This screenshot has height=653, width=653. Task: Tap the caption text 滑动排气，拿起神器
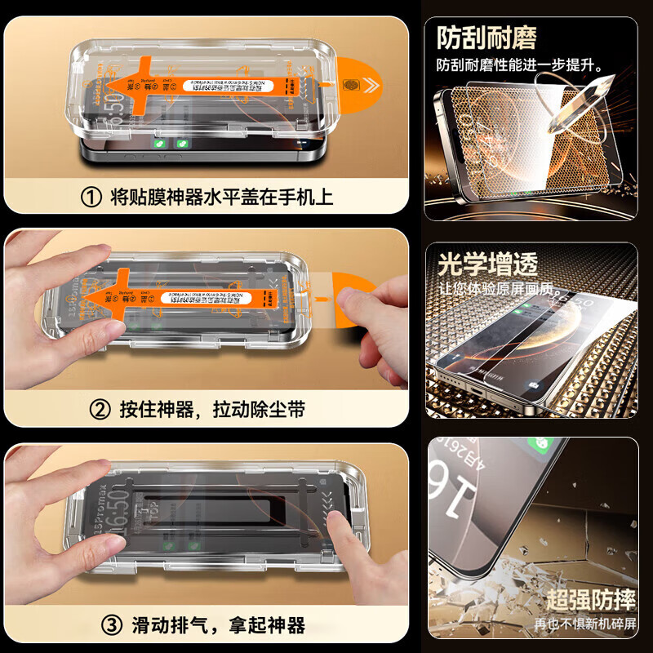[x=219, y=626]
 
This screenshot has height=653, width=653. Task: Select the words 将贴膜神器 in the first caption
[x=151, y=198]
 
